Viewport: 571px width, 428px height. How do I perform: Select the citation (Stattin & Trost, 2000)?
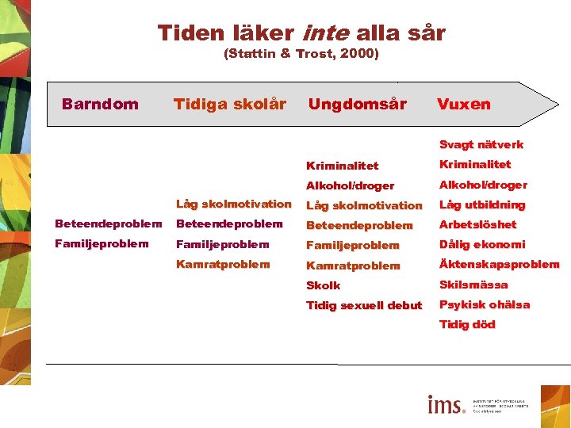(301, 54)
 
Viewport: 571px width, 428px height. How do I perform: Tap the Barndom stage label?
(100, 104)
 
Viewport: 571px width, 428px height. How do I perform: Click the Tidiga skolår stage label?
(229, 104)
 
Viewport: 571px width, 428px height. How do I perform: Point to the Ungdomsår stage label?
(357, 104)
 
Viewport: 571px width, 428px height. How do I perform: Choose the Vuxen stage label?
(463, 104)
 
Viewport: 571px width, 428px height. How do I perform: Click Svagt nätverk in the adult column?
(481, 144)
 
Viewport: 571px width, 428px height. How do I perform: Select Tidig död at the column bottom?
(467, 324)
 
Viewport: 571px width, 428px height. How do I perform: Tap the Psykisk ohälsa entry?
(485, 304)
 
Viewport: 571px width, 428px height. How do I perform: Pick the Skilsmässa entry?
(473, 285)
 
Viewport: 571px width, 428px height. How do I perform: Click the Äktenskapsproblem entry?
(499, 264)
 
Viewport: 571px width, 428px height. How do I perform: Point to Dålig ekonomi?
(482, 244)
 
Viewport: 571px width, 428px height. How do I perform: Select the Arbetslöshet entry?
(477, 224)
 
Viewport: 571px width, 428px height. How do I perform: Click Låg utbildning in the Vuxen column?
(482, 204)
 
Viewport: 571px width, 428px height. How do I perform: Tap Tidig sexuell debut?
(364, 305)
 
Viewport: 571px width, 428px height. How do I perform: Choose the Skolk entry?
(323, 285)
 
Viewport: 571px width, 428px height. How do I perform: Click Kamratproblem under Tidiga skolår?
(223, 264)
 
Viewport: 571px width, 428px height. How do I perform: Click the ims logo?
(446, 405)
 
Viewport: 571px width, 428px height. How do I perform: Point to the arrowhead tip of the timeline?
(558, 104)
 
